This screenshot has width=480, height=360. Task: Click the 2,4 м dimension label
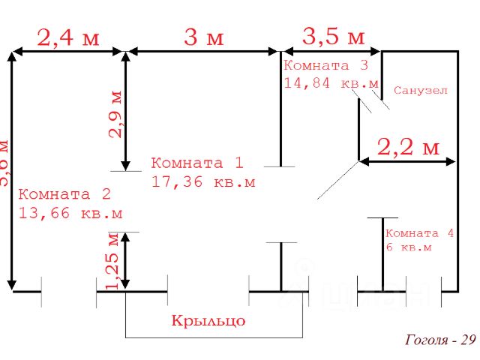point(68,37)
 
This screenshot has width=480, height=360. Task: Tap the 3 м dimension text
point(203,37)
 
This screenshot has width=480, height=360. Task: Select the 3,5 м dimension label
point(333,36)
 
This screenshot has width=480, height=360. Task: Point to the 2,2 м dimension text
point(407,147)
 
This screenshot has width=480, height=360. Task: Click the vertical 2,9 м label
point(115,115)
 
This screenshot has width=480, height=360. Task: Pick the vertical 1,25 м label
point(113,260)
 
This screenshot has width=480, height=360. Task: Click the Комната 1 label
point(197,163)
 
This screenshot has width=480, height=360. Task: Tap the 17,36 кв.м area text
point(203,181)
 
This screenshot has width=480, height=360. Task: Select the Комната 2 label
point(64,194)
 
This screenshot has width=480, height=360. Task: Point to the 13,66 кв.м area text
point(70,213)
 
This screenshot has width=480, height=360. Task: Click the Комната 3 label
point(326,65)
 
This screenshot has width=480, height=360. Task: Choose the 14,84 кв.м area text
point(331,83)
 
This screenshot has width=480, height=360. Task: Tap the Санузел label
point(421,91)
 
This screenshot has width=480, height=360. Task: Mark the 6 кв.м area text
point(409,247)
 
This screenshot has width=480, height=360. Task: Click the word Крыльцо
point(208,321)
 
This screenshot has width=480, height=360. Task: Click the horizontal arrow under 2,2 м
point(407,160)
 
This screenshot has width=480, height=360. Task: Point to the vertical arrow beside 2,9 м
point(126,109)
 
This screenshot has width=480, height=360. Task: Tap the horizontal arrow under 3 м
point(203,51)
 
